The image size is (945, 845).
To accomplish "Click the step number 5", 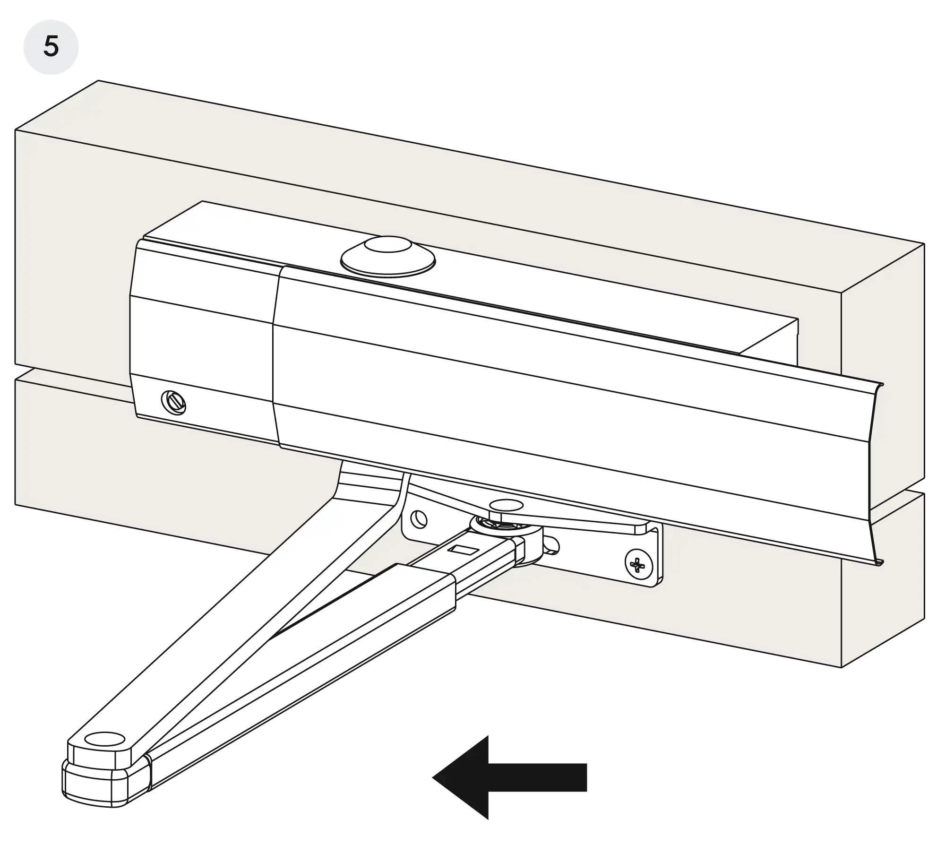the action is [51, 47].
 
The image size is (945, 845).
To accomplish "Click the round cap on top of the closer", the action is [388, 256].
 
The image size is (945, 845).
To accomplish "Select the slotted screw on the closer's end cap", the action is [173, 403].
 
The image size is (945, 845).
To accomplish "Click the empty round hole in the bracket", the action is [419, 520].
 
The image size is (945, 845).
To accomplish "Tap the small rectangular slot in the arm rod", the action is [463, 549].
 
